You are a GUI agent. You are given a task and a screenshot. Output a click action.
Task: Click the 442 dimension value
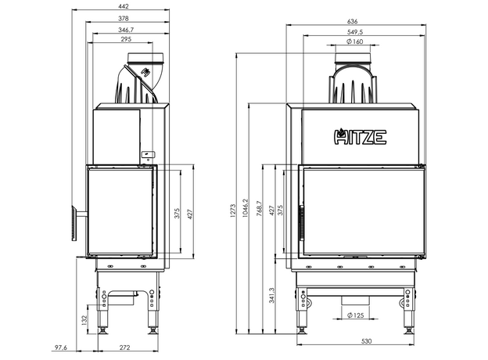point(124,5)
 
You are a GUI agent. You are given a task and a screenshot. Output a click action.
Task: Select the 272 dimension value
point(124,347)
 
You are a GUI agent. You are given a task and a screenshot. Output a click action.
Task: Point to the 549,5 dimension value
point(355,32)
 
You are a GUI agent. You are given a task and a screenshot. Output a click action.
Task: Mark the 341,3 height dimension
point(272,295)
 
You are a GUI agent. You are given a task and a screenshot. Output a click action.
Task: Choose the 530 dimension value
point(356,343)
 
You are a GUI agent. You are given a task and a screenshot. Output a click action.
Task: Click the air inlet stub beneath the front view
point(356,302)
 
